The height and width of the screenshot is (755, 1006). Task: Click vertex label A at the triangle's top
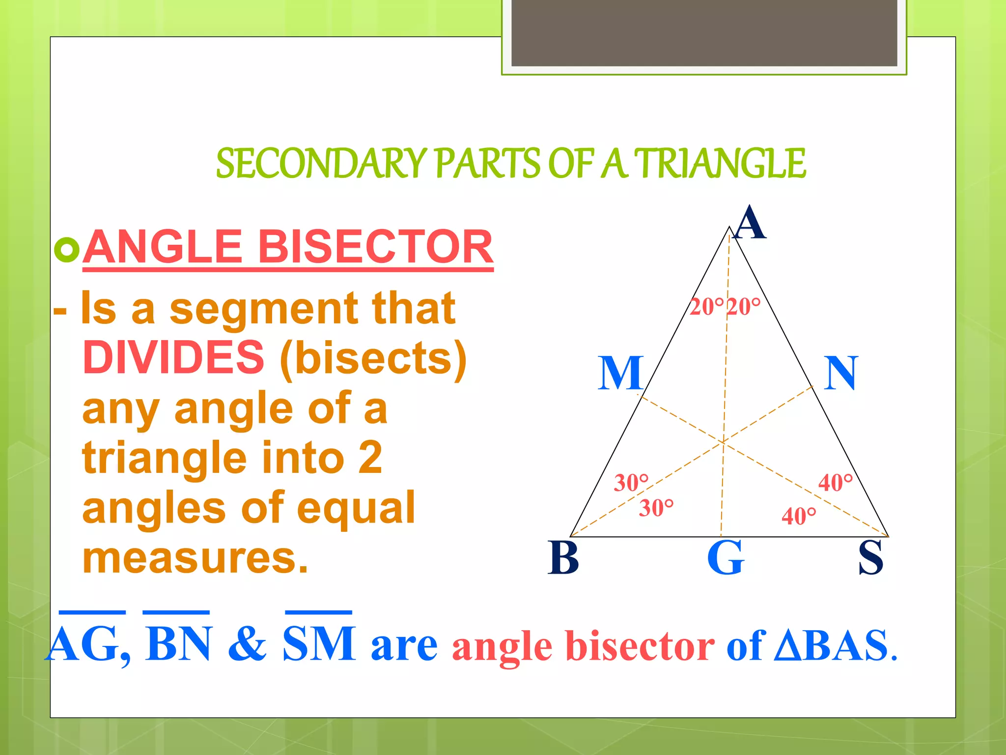click(x=749, y=223)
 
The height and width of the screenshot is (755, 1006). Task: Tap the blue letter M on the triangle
click(x=620, y=374)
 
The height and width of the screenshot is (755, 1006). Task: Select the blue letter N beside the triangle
click(x=840, y=374)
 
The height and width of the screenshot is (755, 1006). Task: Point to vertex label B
click(x=563, y=558)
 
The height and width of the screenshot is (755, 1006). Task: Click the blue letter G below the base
click(x=726, y=558)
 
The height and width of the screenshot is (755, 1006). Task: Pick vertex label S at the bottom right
click(x=870, y=558)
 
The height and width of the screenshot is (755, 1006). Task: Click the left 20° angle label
click(x=706, y=307)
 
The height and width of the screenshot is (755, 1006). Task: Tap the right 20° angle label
click(x=743, y=307)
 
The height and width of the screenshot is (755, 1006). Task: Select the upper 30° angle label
click(x=631, y=483)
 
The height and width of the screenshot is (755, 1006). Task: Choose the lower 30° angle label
click(x=656, y=508)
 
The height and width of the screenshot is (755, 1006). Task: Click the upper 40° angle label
click(x=835, y=483)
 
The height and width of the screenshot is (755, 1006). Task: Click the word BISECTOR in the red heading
click(x=375, y=247)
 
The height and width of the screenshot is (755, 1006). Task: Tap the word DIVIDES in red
click(x=173, y=357)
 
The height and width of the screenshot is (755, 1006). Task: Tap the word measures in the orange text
click(x=195, y=558)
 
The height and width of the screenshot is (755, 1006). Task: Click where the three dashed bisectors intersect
click(x=723, y=442)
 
